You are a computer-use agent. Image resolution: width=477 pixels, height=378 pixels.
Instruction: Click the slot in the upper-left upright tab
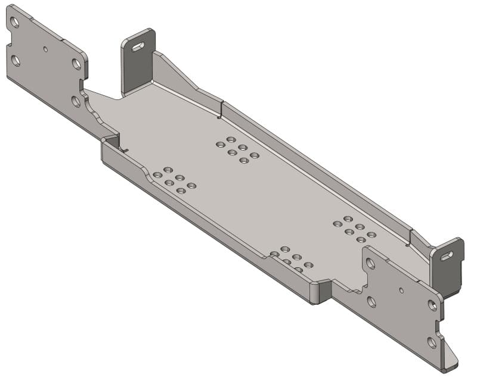(138, 46)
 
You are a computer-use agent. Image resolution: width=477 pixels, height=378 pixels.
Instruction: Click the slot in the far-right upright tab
(447, 256)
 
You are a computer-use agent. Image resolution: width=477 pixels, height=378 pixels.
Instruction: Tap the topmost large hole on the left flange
(14, 23)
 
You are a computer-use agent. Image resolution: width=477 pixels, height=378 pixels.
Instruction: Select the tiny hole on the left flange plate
(46, 49)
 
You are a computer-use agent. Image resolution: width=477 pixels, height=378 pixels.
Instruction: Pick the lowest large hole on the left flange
(76, 101)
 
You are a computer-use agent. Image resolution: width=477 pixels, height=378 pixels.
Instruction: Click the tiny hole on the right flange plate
(401, 290)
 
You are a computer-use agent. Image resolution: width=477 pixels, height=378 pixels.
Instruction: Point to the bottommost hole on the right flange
(432, 342)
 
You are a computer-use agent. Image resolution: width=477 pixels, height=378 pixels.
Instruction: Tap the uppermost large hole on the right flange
(371, 263)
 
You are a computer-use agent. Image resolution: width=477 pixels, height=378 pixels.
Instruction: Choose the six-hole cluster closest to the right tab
(354, 229)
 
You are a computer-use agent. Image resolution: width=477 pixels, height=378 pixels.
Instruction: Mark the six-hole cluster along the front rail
(291, 259)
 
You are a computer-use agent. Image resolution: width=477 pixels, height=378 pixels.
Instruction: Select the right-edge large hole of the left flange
(76, 64)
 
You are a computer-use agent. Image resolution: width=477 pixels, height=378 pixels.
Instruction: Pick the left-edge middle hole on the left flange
(16, 60)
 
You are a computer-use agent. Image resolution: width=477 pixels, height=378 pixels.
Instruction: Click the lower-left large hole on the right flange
(371, 302)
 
